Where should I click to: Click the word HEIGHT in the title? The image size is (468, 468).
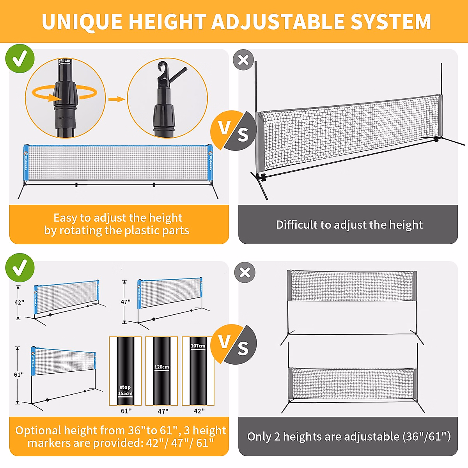(x=167, y=22)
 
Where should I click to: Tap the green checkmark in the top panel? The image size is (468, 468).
(x=20, y=59)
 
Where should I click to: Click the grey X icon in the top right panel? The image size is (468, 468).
(x=243, y=60)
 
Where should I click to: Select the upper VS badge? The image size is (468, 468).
(x=233, y=130)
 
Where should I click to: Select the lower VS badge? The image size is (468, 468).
(x=233, y=344)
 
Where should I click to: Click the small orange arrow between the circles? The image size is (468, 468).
(x=116, y=99)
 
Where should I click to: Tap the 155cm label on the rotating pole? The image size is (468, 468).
(x=64, y=61)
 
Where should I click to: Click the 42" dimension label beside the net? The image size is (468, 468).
(x=19, y=302)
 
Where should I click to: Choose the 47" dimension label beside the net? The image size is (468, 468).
(x=126, y=302)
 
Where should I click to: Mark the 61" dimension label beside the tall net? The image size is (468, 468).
(x=19, y=374)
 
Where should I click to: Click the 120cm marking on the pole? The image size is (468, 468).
(x=161, y=367)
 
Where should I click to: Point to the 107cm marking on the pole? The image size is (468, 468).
(x=198, y=346)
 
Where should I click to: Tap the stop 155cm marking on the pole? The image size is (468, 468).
(x=125, y=390)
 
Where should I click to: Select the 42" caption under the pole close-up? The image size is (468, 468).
(x=199, y=411)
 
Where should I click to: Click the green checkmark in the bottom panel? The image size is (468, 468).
(x=20, y=268)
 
